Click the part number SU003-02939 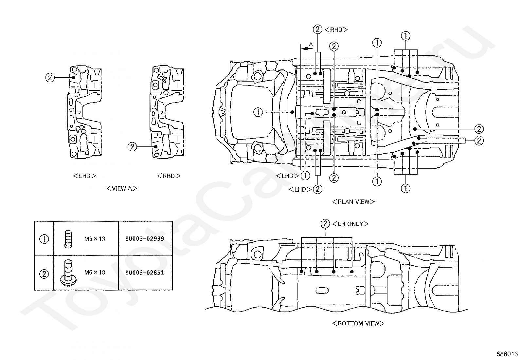[144, 239]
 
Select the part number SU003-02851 [144, 273]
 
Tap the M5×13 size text [95, 239]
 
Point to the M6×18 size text [95, 273]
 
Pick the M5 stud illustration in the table [68, 239]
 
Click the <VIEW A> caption [122, 188]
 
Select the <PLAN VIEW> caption [353, 202]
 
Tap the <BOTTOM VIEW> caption [358, 323]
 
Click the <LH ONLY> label [350, 224]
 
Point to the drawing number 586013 [507, 354]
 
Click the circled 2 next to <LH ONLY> [325, 223]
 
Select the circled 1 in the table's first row [44, 239]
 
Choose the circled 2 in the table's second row [44, 274]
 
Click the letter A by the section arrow [311, 44]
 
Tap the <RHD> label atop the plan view [336, 30]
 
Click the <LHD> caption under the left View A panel [85, 176]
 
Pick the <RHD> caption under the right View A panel [169, 176]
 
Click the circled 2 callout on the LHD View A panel [50, 78]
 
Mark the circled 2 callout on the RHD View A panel [132, 147]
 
